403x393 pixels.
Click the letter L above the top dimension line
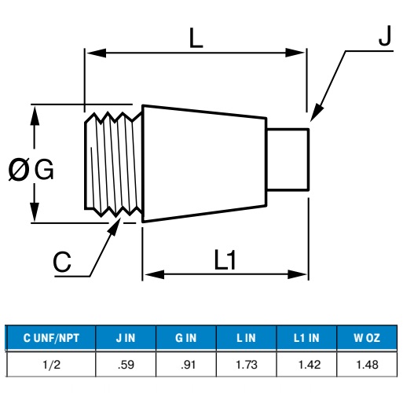[196, 38]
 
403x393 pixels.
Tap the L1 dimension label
[225, 259]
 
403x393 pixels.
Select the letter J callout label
[385, 35]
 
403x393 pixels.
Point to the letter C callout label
[62, 262]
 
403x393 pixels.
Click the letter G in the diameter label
[44, 169]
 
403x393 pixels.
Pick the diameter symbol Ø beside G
[18, 170]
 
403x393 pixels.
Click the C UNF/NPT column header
[51, 338]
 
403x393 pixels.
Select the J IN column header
[126, 338]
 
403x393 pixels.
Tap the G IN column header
[186, 338]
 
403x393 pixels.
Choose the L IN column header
[246, 338]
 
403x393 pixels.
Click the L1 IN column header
[306, 338]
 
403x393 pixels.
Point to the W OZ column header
[367, 338]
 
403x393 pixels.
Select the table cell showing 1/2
[52, 365]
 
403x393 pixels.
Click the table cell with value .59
[126, 365]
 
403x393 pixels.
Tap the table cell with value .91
[186, 365]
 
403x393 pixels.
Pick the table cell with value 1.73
[247, 365]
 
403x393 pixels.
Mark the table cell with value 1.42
[306, 365]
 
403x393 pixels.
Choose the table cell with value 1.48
[367, 365]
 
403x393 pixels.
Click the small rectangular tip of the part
[288, 160]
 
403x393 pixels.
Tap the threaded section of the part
[113, 164]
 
